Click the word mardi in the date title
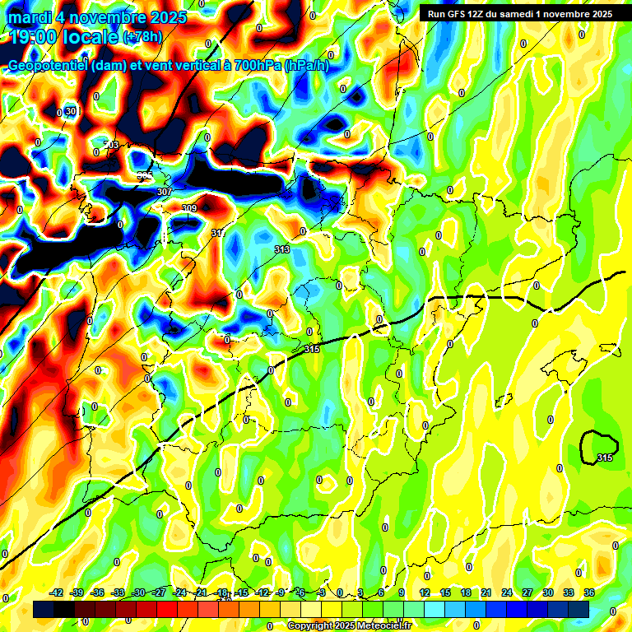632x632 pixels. tap(30, 17)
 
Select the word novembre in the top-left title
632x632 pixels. tap(108, 17)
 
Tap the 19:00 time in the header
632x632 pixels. tap(35, 37)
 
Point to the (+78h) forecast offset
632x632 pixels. tap(143, 37)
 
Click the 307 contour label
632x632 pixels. tap(164, 192)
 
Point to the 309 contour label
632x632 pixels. tap(189, 208)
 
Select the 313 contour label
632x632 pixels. tap(281, 249)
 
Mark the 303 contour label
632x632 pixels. tap(111, 145)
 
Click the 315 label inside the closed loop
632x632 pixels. tap(605, 458)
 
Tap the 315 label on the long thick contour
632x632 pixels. tap(311, 350)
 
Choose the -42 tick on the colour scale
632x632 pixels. tap(57, 593)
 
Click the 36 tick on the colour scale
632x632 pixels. tap(589, 593)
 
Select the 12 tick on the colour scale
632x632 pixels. tap(424, 593)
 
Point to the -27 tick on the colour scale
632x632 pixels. tap(159, 593)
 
